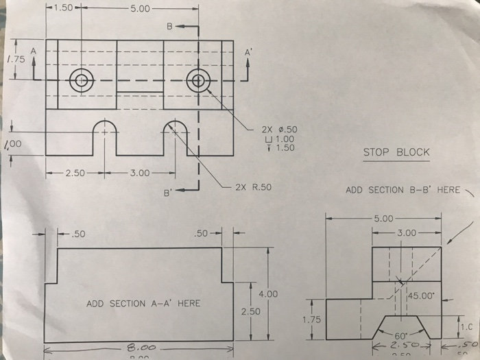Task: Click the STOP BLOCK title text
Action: coord(396,152)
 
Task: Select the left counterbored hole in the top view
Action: coord(82,80)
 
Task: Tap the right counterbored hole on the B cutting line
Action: coord(198,80)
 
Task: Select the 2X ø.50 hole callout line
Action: coord(278,129)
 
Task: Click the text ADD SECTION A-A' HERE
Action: coord(143,303)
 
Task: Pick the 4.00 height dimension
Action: coord(267,293)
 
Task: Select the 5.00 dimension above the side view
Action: coord(385,219)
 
